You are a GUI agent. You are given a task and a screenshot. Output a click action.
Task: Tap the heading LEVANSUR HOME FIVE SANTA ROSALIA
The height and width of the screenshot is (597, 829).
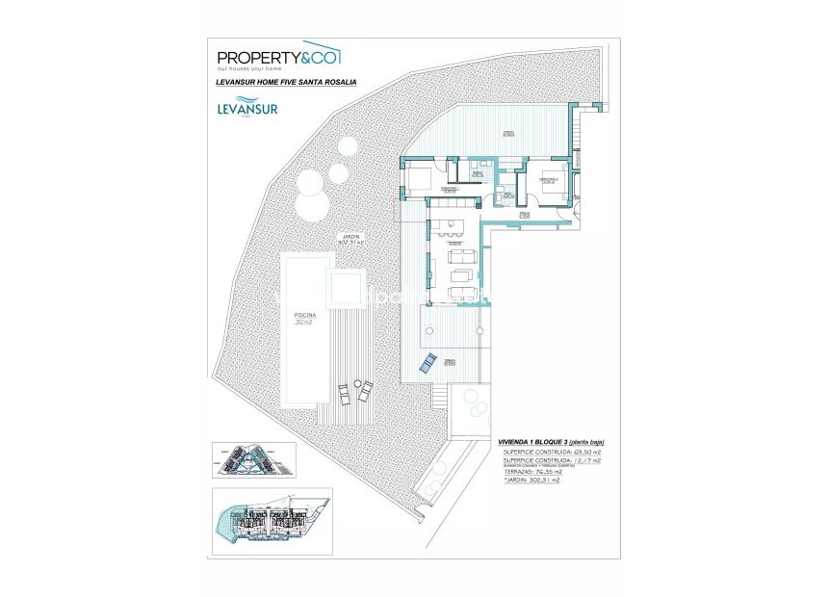pos(287,84)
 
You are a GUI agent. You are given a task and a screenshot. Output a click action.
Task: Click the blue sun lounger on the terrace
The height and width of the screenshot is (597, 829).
pos(427,363)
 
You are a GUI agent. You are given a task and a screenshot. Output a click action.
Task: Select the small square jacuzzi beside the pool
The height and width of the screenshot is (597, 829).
pos(344,289)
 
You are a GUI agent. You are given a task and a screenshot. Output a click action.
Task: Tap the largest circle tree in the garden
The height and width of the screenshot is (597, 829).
pos(313,203)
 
